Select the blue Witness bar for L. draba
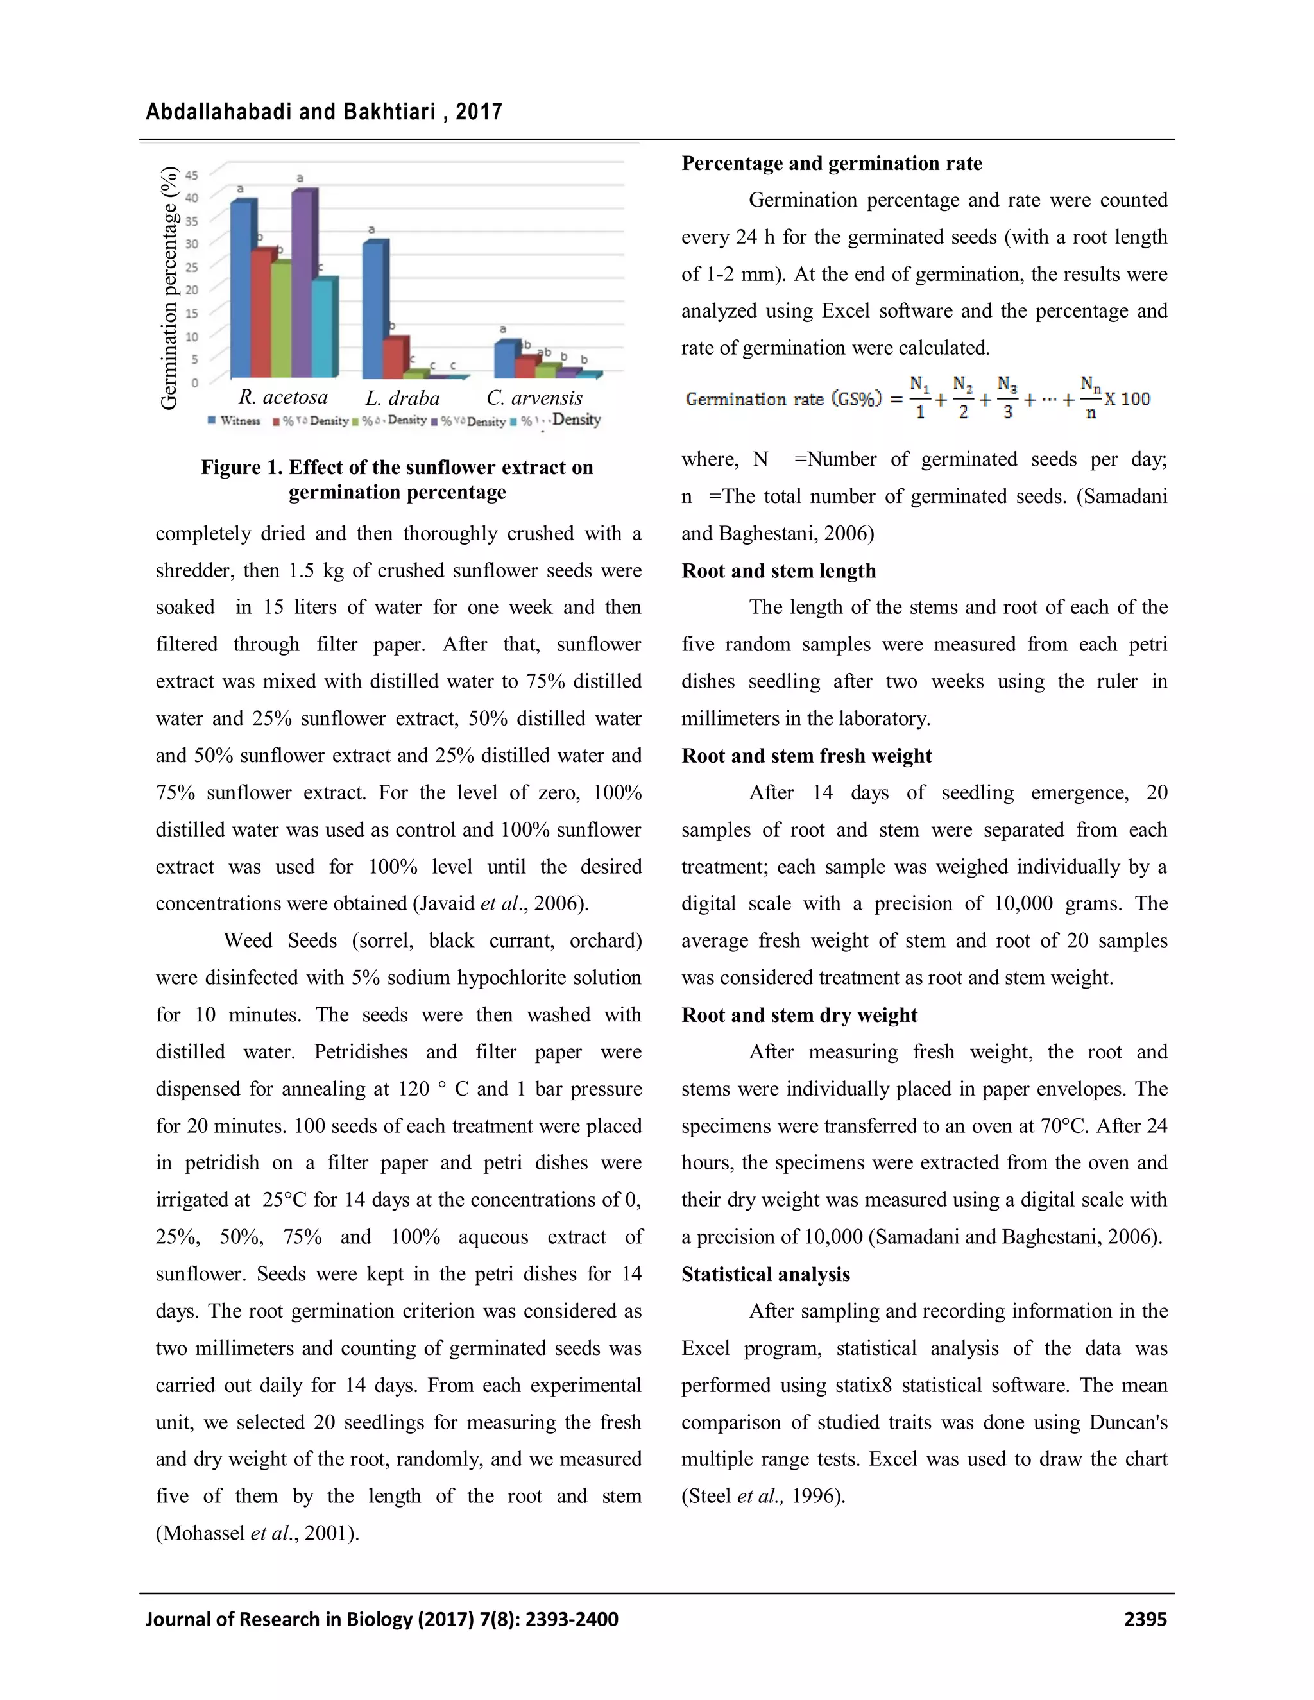pyautogui.click(x=373, y=311)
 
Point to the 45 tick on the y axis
pyautogui.click(x=191, y=174)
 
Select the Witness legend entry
pyautogui.click(x=234, y=421)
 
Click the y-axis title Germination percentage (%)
pyautogui.click(x=169, y=288)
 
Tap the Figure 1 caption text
pyautogui.click(x=397, y=479)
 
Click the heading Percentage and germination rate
pyautogui.click(x=832, y=164)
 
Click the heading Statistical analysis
pyautogui.click(x=765, y=1274)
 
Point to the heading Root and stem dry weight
pyautogui.click(x=799, y=1015)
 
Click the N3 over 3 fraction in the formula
pyautogui.click(x=1007, y=398)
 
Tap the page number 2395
pyautogui.click(x=1145, y=1619)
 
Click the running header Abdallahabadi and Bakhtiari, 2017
pyautogui.click(x=324, y=112)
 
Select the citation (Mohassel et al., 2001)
pyautogui.click(x=257, y=1533)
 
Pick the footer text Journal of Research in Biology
pyautogui.click(x=382, y=1619)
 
